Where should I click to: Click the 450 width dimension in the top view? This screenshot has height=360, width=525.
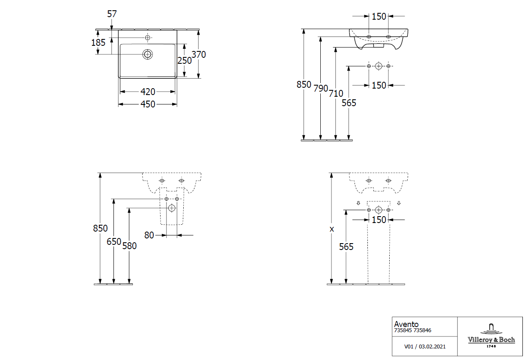tap(148, 104)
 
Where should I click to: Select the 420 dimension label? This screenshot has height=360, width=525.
tap(148, 92)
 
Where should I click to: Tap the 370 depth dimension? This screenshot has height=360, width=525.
tap(199, 55)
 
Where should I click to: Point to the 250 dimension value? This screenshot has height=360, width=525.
tap(185, 61)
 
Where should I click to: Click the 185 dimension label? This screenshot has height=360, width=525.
tap(98, 42)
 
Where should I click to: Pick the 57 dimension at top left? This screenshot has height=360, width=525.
tap(112, 14)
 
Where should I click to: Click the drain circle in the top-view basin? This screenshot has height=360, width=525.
tap(148, 54)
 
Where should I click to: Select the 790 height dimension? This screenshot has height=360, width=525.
tap(321, 89)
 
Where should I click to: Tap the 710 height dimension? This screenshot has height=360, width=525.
tap(336, 93)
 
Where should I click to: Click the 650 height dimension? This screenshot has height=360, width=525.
tap(114, 241)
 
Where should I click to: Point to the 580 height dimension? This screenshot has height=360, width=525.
tap(129, 246)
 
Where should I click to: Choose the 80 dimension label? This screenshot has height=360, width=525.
tap(149, 235)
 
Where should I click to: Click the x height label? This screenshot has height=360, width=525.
tap(331, 229)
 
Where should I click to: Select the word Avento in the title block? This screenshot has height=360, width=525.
tap(406, 324)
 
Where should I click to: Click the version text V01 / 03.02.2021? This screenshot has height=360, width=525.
tap(425, 346)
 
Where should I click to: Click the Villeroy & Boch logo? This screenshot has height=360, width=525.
tap(491, 336)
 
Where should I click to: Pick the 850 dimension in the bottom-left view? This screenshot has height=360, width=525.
tap(100, 229)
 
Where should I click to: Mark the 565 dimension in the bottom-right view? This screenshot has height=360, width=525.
tap(346, 247)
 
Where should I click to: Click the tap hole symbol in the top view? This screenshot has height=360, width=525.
tap(148, 38)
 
